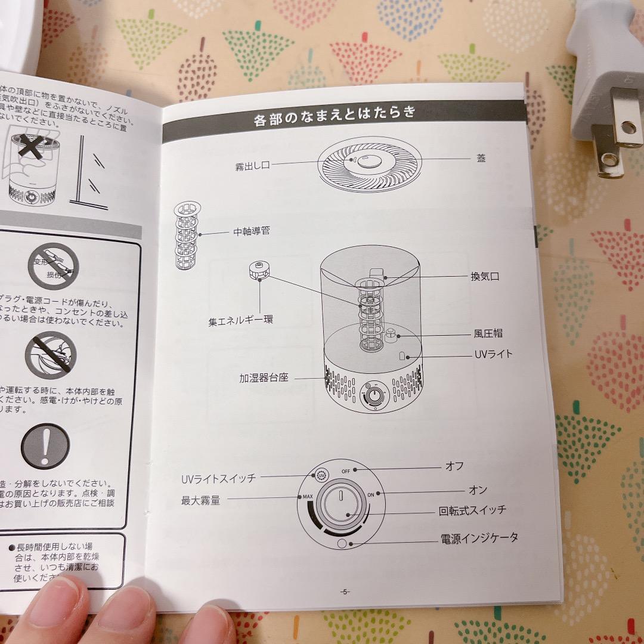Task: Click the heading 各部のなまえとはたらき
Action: pyautogui.click(x=335, y=115)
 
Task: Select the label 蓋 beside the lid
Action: pyautogui.click(x=481, y=158)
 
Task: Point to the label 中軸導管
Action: pyautogui.click(x=251, y=231)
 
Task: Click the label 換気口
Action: pyautogui.click(x=485, y=276)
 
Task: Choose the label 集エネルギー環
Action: pyautogui.click(x=240, y=320)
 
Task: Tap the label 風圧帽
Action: pyautogui.click(x=488, y=333)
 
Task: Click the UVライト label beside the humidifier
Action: pyautogui.click(x=493, y=354)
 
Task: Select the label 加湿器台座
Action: pyautogui.click(x=264, y=378)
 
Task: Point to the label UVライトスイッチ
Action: pyautogui.click(x=218, y=478)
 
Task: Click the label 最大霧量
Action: pyautogui.click(x=200, y=500)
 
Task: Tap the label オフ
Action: pyautogui.click(x=454, y=466)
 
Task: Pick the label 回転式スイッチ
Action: pyautogui.click(x=472, y=510)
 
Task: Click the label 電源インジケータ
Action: pyautogui.click(x=479, y=538)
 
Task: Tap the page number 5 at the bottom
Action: pyautogui.click(x=345, y=592)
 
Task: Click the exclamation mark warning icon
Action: pyautogui.click(x=45, y=446)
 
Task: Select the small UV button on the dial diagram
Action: pyautogui.click(x=321, y=476)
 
